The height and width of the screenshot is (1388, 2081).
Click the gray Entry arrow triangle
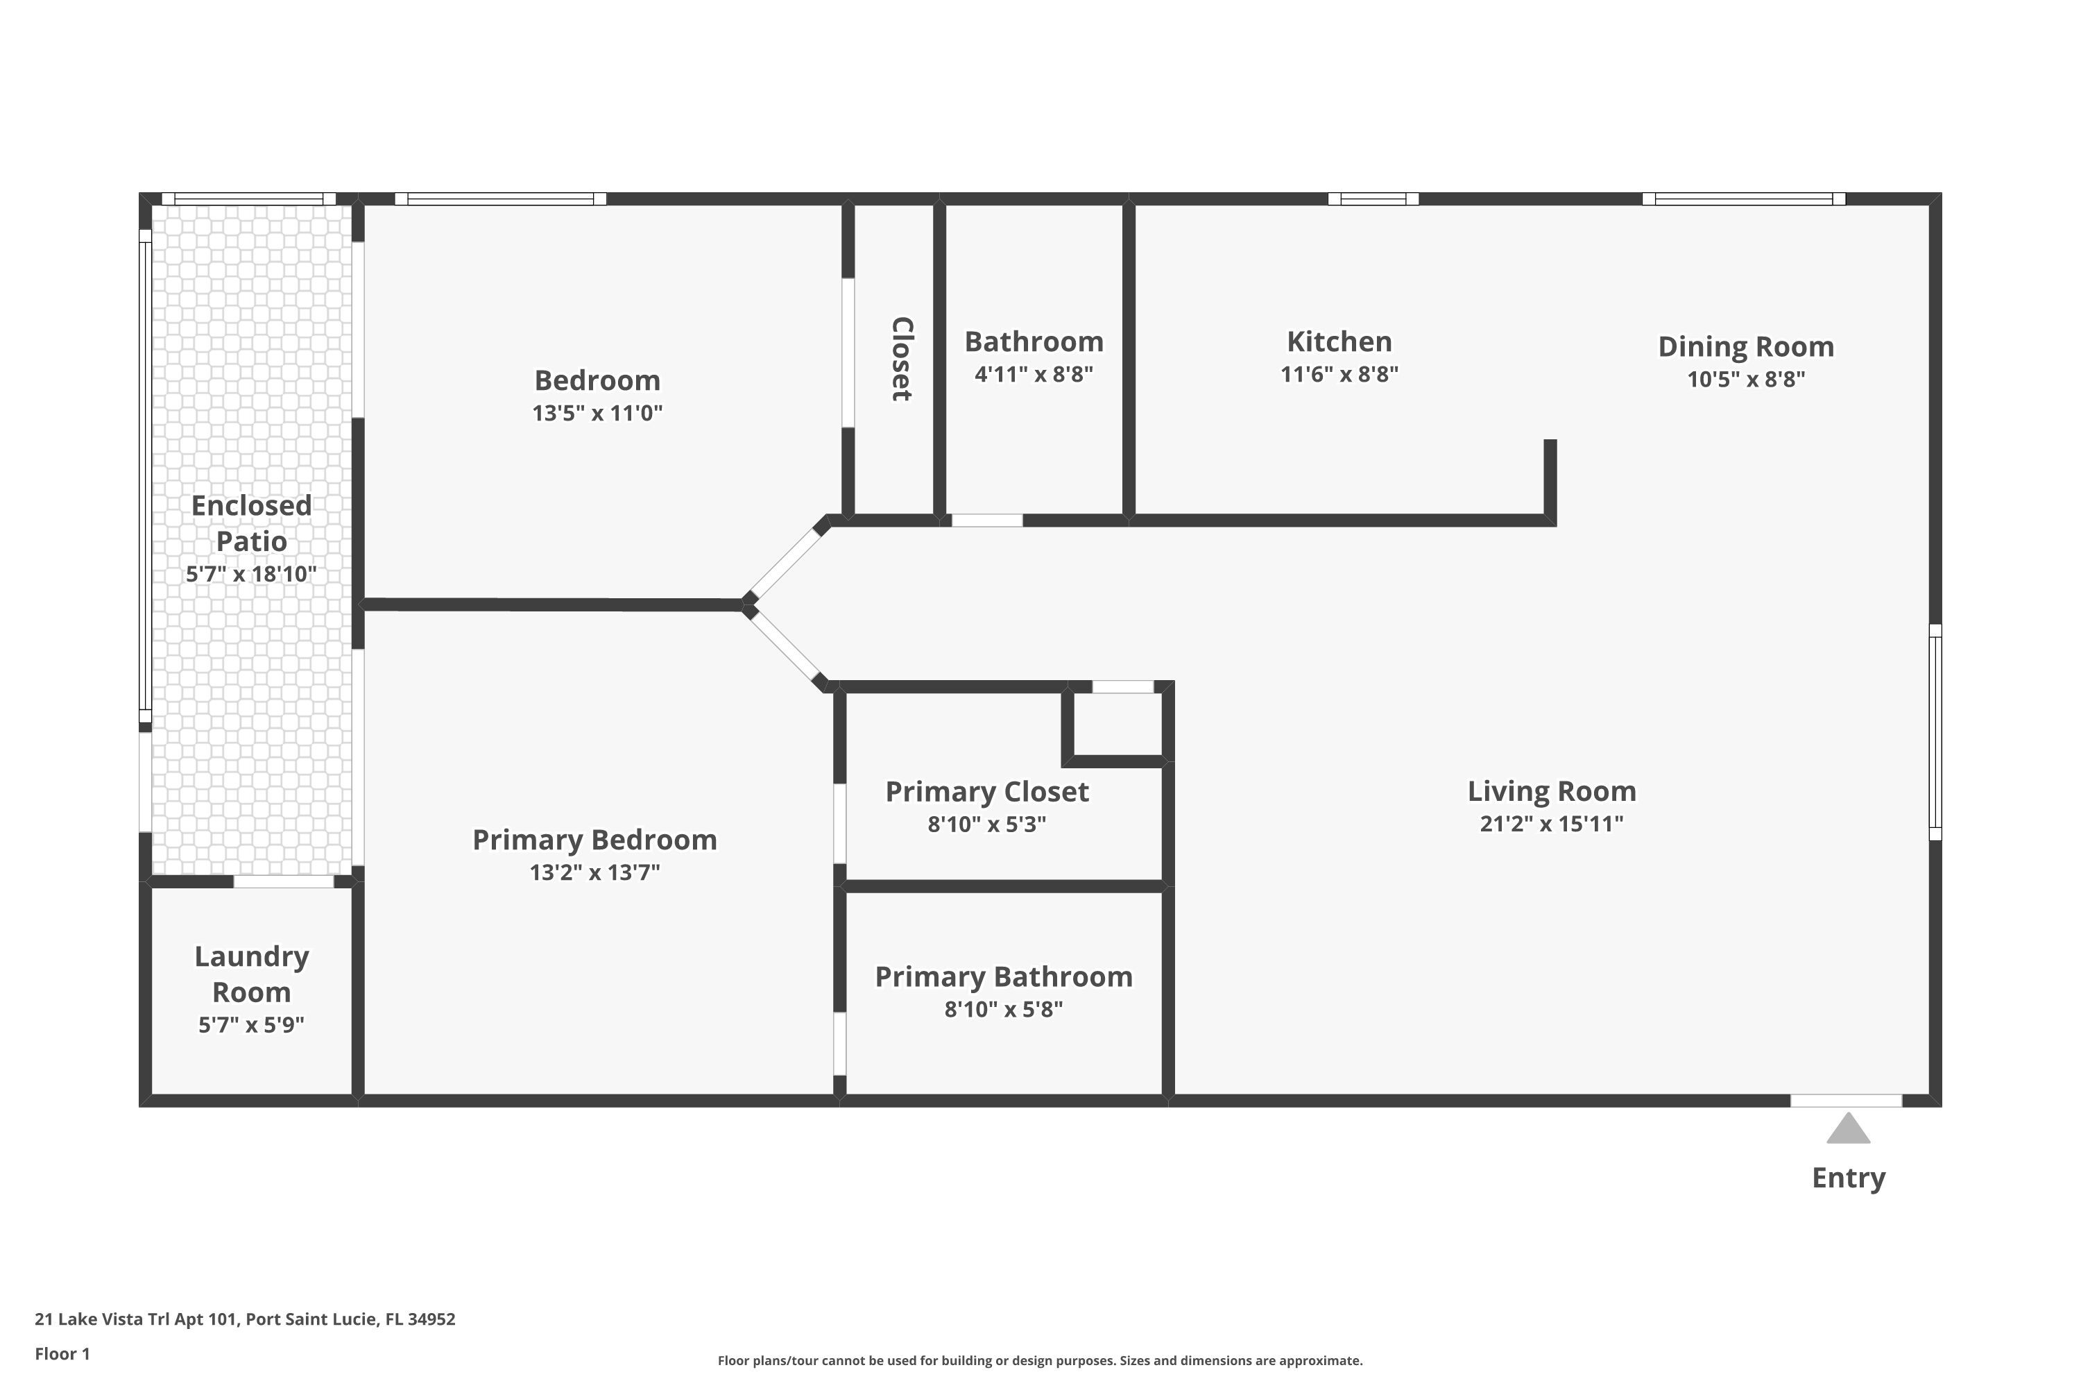click(x=1849, y=1130)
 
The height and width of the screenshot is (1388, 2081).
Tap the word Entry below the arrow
click(x=1849, y=1178)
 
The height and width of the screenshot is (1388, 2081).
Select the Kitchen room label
click(x=1339, y=341)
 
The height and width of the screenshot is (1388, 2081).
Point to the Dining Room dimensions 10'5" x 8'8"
click(x=1746, y=379)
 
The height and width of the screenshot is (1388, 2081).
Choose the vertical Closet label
click(x=900, y=359)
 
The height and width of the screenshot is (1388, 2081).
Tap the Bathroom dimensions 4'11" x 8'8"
click(x=1034, y=375)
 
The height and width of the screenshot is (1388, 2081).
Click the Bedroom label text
click(x=597, y=380)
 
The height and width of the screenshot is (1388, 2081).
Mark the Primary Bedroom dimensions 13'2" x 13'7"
click(x=594, y=873)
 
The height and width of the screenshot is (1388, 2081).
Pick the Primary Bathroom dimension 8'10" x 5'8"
click(x=1003, y=1009)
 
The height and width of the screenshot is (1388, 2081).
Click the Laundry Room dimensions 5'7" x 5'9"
click(x=251, y=1025)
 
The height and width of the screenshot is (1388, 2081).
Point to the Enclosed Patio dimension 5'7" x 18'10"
click(x=251, y=575)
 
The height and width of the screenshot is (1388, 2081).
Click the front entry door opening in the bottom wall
click(x=1846, y=1100)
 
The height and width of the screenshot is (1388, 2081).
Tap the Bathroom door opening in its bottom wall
click(x=986, y=520)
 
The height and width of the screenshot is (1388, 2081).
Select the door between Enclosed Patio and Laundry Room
click(x=283, y=881)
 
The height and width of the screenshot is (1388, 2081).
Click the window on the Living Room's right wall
click(x=1935, y=732)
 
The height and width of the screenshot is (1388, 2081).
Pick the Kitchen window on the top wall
click(x=1373, y=199)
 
